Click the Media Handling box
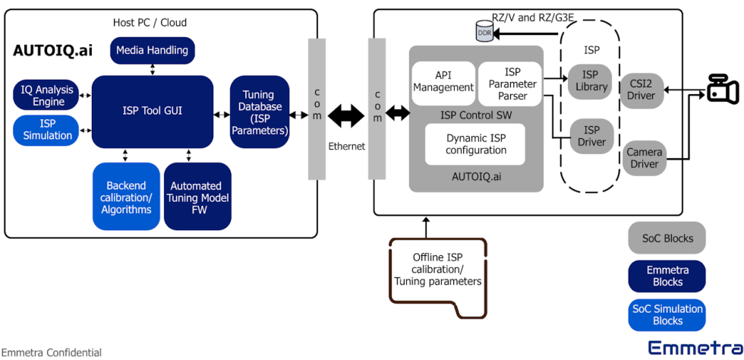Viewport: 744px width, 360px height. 153,51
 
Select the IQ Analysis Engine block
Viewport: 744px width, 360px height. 47,96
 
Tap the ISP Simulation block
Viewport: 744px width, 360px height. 47,130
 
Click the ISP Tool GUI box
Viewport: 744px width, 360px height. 153,111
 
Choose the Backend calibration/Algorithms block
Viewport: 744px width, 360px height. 125,197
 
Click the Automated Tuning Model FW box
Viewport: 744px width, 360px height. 197,197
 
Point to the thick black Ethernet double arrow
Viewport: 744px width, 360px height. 346,115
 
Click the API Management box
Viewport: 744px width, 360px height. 443,82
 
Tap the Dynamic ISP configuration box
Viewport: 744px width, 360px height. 475,144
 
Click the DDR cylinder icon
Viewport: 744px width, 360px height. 484,33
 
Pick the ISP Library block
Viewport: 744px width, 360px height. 591,81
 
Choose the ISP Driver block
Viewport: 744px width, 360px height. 591,136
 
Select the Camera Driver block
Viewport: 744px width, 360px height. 643,158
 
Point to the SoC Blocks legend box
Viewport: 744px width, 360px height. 667,238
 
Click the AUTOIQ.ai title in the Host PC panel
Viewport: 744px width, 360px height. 52,51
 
